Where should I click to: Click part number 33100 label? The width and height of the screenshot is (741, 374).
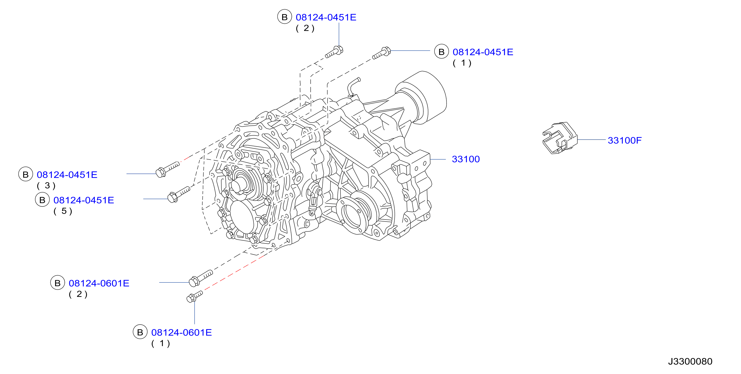[466, 159]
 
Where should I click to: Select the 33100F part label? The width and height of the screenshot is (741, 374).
[625, 140]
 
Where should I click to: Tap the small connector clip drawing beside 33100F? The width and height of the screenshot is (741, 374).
[560, 138]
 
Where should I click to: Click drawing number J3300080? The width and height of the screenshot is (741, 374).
[690, 361]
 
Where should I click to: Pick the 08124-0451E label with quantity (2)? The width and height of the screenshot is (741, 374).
[326, 17]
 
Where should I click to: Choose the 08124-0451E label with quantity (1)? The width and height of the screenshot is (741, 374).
[483, 52]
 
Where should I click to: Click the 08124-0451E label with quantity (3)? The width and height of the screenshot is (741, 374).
[67, 175]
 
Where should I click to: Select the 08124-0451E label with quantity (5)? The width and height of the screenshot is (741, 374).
[84, 200]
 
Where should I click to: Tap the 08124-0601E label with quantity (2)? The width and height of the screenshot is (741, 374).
[99, 283]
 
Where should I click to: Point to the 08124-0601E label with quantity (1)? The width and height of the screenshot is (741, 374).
[181, 333]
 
